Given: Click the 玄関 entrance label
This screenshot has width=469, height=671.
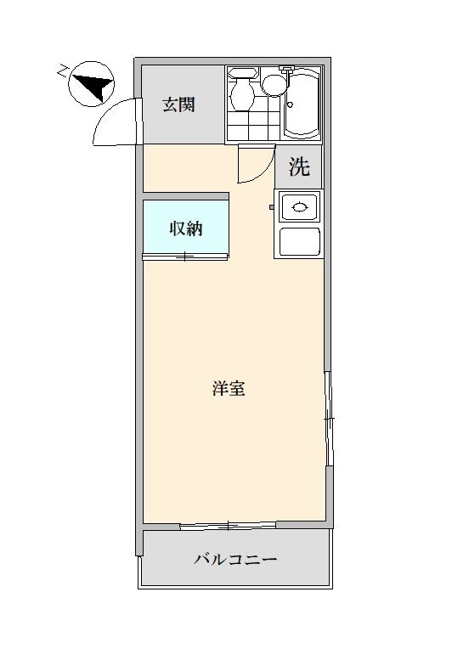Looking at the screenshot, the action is pos(178,104).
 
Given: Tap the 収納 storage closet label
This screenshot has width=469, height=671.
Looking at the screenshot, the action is pos(186,229).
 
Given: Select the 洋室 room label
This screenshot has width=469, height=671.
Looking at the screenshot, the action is pos(229,388).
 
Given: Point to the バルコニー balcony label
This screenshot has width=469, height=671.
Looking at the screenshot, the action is pos(235,560).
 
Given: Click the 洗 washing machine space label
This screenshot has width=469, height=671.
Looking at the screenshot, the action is pos(299,166).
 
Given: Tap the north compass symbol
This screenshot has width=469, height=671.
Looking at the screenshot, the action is pos(91,84).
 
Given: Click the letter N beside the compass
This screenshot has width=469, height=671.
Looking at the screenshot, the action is pos(64,70).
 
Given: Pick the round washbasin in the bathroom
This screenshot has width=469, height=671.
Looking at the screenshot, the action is pos(274,85).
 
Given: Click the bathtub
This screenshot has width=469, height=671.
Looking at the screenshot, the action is pos(302,103).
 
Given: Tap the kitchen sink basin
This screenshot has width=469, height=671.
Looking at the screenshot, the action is pos(300,242).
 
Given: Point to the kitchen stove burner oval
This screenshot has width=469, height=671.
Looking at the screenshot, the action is pos(300,207).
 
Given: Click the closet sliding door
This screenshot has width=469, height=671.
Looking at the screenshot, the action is pos(185,257).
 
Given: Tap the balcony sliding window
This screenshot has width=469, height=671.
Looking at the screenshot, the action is pos(228,525).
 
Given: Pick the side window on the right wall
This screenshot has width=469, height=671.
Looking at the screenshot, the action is pos(328,419).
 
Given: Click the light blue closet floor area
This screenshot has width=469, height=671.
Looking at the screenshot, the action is pos(185,227).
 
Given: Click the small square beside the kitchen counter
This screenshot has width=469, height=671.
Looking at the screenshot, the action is pos(271,207).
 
